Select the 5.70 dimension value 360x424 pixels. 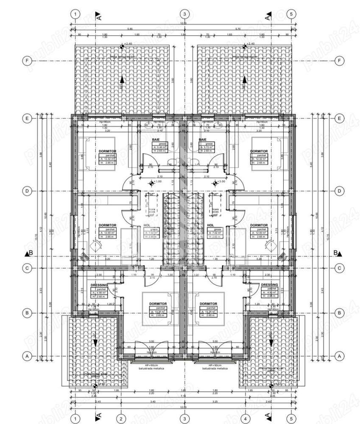(238, 29)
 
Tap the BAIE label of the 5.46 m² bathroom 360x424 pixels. (156, 139)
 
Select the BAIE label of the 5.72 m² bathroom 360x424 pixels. (202, 139)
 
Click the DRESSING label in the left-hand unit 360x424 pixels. (99, 285)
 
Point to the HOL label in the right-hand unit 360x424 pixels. (210, 225)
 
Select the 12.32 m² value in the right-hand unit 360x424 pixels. (261, 159)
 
